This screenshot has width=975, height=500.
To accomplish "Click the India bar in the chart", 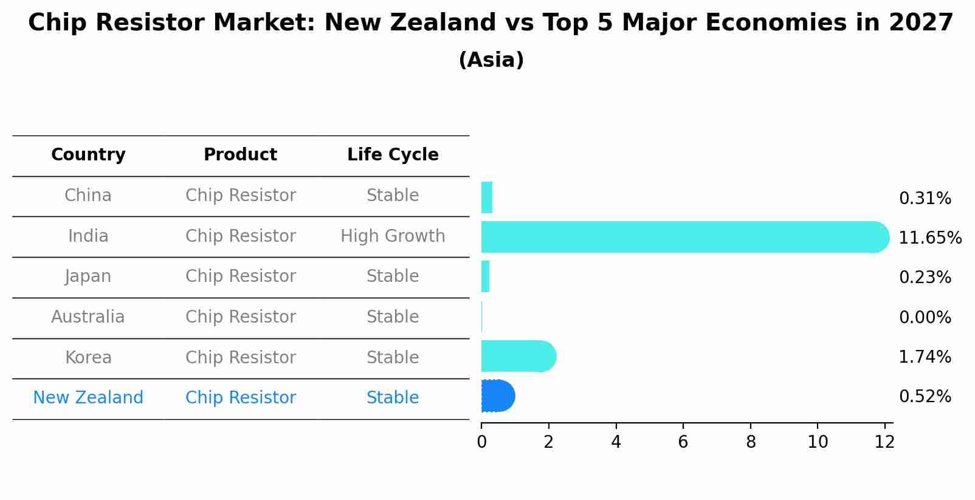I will click(681, 237).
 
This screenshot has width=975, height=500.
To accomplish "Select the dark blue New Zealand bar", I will click(498, 396).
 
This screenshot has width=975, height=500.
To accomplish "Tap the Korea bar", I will click(517, 357).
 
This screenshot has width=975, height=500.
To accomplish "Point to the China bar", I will click(487, 197).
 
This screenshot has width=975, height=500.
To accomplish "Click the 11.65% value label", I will click(930, 238).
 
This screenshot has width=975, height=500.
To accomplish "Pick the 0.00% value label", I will click(925, 317).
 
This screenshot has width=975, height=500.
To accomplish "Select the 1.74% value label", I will click(925, 357).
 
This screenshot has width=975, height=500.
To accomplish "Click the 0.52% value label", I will click(925, 397).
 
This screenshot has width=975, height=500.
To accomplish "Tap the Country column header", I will click(88, 155).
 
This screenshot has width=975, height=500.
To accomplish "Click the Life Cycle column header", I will click(393, 155).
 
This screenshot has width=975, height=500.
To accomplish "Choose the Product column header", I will click(240, 155).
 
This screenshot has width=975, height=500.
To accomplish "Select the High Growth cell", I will click(393, 236).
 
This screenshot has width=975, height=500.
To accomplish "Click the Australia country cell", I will click(88, 317).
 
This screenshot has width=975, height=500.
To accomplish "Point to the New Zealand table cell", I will click(88, 397).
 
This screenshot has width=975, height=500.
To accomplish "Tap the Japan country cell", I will click(88, 276).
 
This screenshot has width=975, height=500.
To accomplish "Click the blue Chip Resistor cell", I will click(240, 397).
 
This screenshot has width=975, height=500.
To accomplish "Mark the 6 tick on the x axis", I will click(683, 442).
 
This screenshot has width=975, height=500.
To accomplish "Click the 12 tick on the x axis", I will click(884, 442).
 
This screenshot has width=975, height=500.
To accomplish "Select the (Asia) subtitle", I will click(491, 60).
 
